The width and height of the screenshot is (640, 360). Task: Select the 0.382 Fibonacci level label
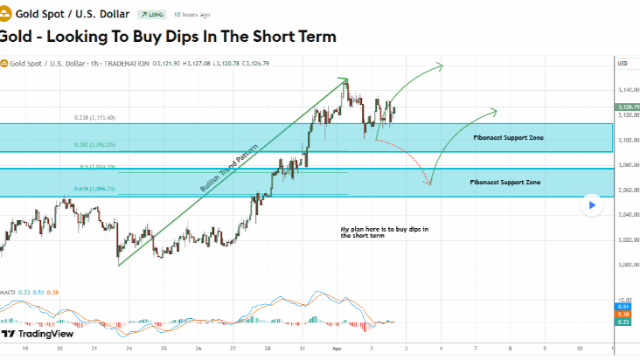(x=94, y=144)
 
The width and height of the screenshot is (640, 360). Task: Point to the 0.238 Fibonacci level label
(x=94, y=117)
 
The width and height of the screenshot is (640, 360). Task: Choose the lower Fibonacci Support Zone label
(x=504, y=182)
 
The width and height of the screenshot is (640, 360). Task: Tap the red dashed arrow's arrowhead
(x=429, y=183)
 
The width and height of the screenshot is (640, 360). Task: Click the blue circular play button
(x=592, y=205)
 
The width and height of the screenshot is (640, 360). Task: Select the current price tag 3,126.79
(x=628, y=107)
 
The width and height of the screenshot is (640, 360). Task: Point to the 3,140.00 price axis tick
(x=626, y=90)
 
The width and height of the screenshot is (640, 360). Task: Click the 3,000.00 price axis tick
(x=626, y=264)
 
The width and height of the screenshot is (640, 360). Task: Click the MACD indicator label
(x=8, y=291)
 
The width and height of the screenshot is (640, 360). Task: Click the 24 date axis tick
(x=129, y=347)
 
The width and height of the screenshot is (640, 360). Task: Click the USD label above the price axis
(x=623, y=63)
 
